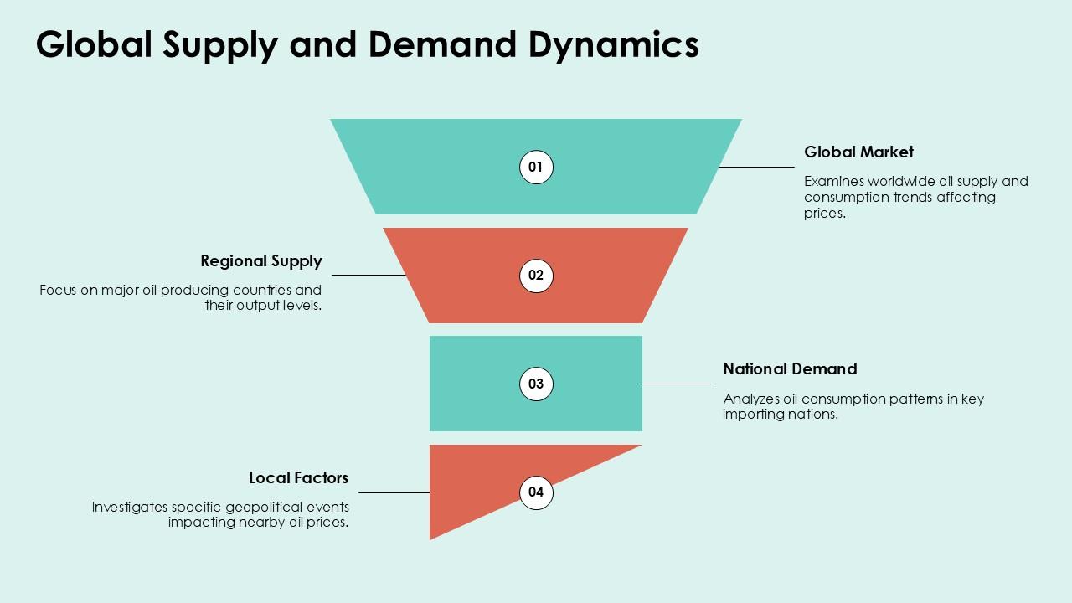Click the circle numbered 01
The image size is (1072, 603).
[x=536, y=167]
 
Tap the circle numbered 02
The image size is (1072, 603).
[x=536, y=276]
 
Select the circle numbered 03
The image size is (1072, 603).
[x=536, y=384]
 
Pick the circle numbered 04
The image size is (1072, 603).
[x=536, y=492]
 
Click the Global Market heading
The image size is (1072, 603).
[x=858, y=152]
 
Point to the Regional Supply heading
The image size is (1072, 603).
[x=261, y=260]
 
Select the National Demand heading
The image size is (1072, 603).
[x=790, y=368]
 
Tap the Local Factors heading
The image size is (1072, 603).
[x=298, y=477]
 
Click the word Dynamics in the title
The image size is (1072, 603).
[x=613, y=44]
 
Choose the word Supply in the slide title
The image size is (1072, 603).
[x=220, y=45]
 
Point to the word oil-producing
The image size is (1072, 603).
[x=193, y=290]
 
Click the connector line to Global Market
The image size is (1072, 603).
[x=756, y=167]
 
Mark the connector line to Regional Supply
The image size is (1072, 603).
[x=369, y=275]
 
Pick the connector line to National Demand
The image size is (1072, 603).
[x=678, y=384]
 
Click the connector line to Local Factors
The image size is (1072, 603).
[x=394, y=492]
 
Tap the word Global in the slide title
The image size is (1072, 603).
[x=94, y=44]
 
